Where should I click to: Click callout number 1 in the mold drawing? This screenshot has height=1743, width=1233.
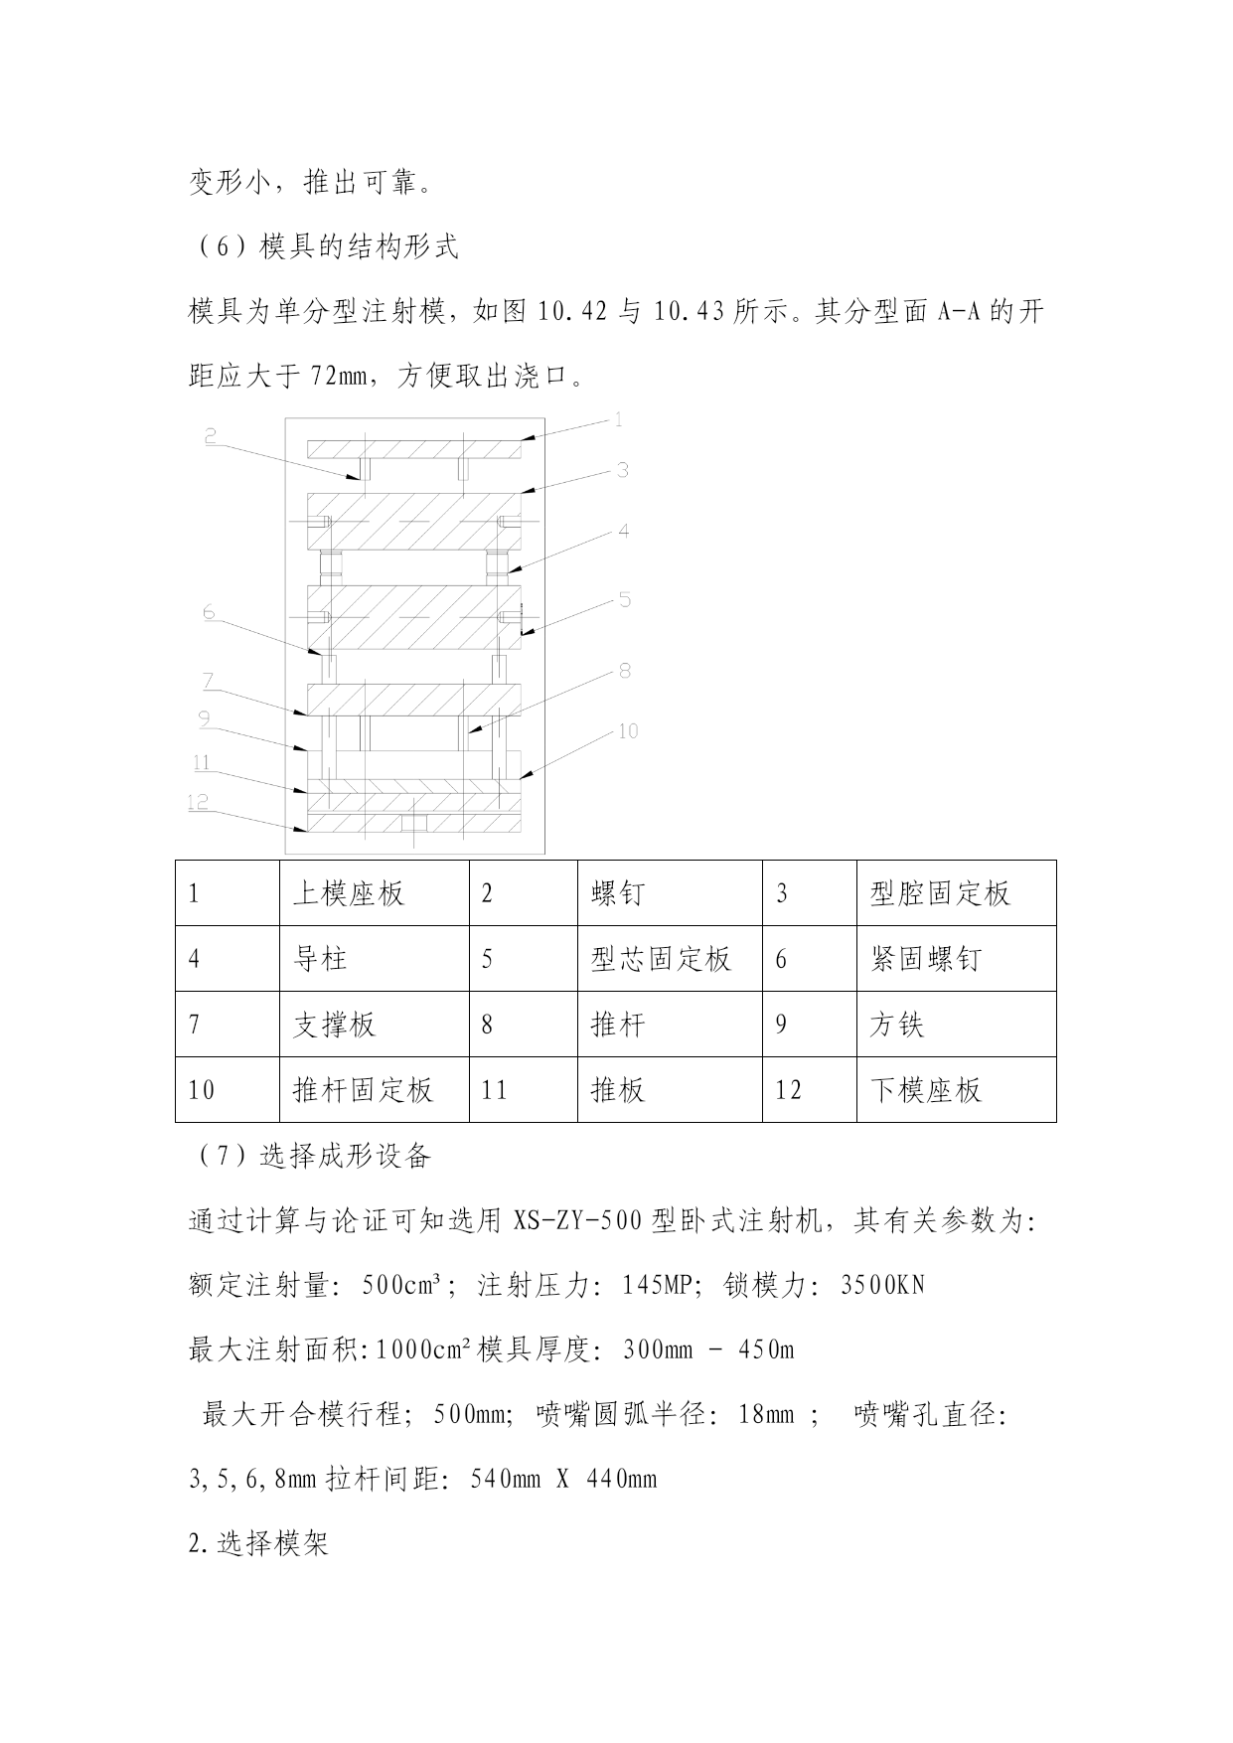[618, 420]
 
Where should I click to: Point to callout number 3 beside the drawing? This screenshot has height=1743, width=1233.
[622, 470]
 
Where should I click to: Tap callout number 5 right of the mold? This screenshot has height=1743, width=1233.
[625, 600]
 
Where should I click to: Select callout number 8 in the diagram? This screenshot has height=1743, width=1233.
[625, 671]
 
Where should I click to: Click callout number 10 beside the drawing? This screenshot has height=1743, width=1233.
[628, 731]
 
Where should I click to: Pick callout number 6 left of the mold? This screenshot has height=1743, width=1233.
[209, 612]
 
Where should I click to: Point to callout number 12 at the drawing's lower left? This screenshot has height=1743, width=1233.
[199, 802]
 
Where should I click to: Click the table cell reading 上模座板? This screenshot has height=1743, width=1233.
[349, 893]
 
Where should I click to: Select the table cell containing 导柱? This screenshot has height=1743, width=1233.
[320, 959]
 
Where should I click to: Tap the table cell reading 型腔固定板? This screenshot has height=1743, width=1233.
[940, 893]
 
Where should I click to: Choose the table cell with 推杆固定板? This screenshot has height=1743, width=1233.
[364, 1090]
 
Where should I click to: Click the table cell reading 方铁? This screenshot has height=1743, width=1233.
[896, 1025]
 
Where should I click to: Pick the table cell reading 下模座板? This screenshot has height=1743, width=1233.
[926, 1090]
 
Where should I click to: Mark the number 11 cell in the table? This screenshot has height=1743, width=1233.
[495, 1090]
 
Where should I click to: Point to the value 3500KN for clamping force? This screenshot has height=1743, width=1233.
[882, 1285]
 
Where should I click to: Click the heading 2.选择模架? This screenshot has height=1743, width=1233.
[258, 1544]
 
